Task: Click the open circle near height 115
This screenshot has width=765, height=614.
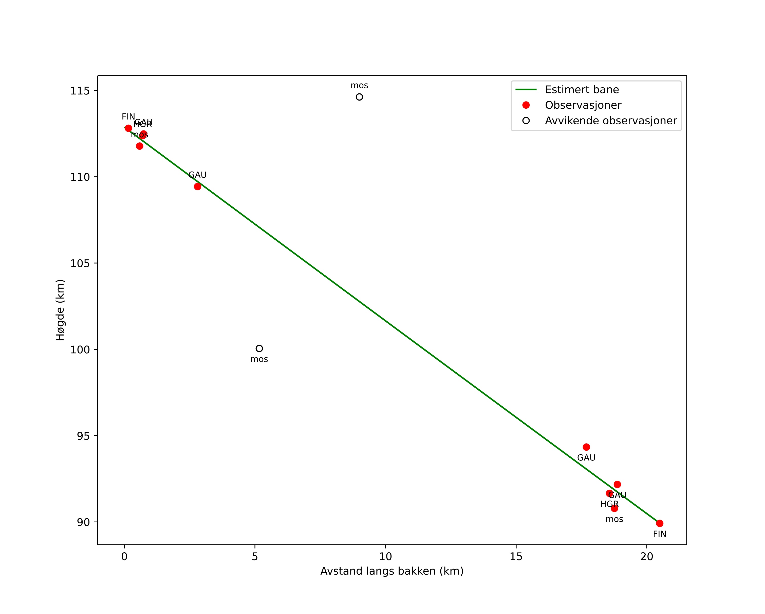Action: [359, 97]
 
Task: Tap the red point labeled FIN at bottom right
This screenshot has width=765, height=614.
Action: [660, 523]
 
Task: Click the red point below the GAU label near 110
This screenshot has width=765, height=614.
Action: [197, 187]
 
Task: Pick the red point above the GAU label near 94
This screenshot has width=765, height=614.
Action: [586, 447]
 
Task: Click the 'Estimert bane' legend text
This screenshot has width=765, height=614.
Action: [582, 90]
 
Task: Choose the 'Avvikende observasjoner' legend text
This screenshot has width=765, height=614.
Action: [611, 121]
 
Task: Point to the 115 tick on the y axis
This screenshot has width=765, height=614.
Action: [80, 91]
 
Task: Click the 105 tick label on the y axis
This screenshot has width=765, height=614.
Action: [80, 263]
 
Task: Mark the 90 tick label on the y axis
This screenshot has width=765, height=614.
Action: [83, 522]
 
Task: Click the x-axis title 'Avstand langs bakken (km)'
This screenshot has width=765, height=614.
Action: [392, 571]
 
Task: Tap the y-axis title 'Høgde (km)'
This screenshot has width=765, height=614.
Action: [60, 310]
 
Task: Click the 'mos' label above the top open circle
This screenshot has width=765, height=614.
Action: [359, 86]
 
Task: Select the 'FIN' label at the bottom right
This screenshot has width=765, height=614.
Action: [660, 534]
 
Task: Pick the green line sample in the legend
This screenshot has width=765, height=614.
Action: [526, 90]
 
